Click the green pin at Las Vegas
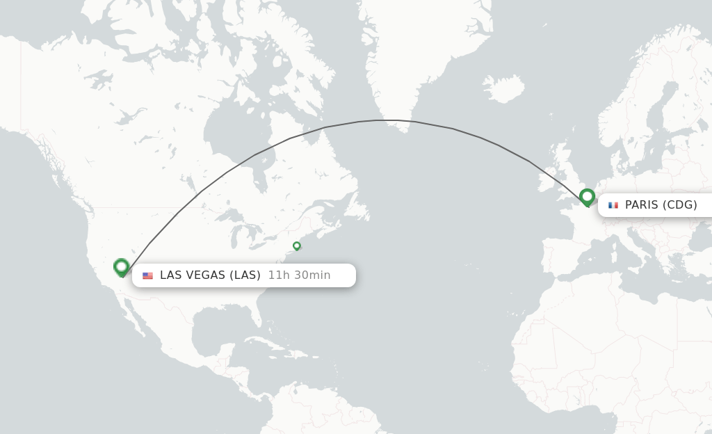[122, 266]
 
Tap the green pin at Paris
[587, 197]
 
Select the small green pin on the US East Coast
[297, 246]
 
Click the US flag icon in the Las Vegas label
[147, 275]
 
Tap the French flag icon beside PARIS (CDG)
[613, 205]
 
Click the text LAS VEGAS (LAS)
[210, 275]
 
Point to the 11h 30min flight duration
[299, 275]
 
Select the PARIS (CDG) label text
[661, 205]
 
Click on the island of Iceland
[503, 88]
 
